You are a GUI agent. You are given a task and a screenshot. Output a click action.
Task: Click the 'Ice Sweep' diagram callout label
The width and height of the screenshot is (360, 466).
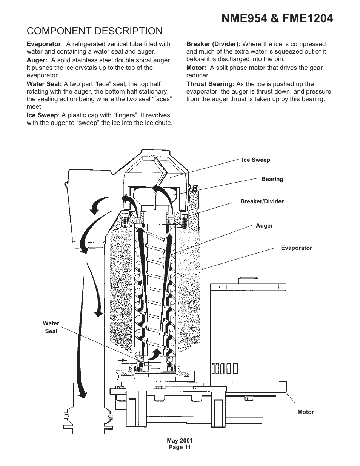click(x=256, y=160)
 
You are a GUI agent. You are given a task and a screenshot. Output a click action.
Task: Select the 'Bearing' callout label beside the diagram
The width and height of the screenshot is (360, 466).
click(x=272, y=179)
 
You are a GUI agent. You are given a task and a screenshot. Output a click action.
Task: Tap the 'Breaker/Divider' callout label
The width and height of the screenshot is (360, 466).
click(x=262, y=201)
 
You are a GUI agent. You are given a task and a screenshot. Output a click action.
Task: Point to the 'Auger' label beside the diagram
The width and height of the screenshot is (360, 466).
click(x=264, y=226)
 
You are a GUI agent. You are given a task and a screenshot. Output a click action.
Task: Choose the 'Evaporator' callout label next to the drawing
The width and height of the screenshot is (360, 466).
click(x=296, y=248)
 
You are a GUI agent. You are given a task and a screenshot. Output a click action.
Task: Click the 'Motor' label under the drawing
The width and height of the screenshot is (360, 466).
click(x=305, y=412)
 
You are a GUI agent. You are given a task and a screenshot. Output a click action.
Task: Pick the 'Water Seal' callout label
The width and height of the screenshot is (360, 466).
click(x=51, y=327)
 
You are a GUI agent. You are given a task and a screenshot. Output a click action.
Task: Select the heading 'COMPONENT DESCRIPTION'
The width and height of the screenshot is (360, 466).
click(x=94, y=31)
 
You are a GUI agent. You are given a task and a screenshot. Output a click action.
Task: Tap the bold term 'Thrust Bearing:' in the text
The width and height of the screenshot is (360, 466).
click(x=210, y=84)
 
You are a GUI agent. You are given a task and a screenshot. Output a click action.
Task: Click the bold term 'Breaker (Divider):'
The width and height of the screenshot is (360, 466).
click(x=213, y=44)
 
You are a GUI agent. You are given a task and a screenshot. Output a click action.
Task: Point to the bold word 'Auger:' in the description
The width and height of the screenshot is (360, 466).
click(x=37, y=60)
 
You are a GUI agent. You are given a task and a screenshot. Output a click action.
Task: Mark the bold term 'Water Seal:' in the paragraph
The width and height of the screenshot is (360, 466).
click(x=44, y=84)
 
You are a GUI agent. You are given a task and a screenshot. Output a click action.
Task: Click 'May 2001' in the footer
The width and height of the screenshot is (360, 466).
click(x=180, y=441)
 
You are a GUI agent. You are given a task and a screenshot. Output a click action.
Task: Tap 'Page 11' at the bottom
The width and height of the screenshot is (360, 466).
click(x=180, y=448)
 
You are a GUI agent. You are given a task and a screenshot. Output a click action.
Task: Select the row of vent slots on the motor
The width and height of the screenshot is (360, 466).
click(x=225, y=368)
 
